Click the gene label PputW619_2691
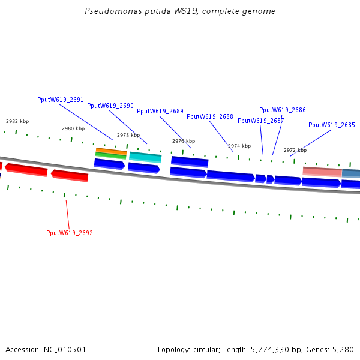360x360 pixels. [60, 100]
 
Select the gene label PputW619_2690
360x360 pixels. [110, 106]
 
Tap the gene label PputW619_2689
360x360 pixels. [160, 111]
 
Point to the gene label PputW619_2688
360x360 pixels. [210, 116]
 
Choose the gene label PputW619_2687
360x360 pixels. [261, 121]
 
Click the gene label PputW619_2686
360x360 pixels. [283, 110]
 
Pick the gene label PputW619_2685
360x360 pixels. [332, 125]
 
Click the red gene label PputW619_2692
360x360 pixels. [70, 233]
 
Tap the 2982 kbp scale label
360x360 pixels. [17, 121]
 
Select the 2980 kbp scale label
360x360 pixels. [73, 128]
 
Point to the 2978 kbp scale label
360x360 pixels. [128, 135]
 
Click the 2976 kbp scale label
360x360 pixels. [184, 141]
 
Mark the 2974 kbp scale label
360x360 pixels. [239, 146]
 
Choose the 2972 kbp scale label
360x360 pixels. [295, 150]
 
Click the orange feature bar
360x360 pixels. [111, 151]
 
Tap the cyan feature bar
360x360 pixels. [145, 157]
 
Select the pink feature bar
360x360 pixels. [322, 172]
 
